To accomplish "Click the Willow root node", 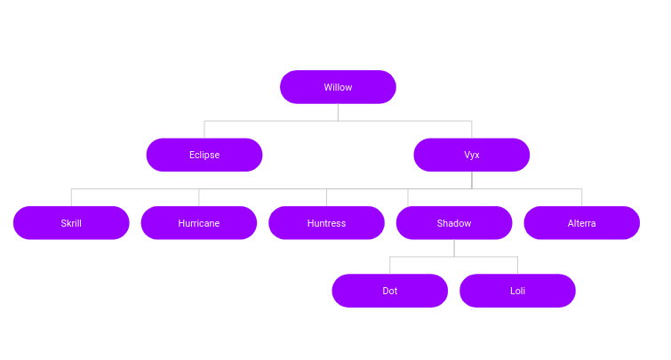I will tap(338, 87).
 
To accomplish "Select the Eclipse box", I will tap(204, 155).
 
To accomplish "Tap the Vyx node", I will tap(472, 155).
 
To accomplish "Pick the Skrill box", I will tap(71, 223).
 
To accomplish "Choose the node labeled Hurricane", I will tap(199, 223).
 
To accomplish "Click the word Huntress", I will tap(326, 223).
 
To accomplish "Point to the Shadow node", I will tap(454, 223).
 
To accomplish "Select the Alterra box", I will tap(582, 223).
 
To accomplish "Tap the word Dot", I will tap(390, 291).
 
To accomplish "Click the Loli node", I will tap(518, 291).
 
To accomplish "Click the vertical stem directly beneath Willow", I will tap(338, 112).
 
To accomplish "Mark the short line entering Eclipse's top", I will tap(204, 130).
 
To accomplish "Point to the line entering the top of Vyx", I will tap(472, 130).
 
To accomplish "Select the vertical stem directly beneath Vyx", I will tap(472, 180).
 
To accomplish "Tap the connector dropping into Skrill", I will tap(71, 197).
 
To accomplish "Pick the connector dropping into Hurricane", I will tap(199, 197).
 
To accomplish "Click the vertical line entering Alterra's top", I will tap(582, 197).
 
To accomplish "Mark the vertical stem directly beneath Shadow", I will tap(454, 248).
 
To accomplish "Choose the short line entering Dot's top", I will tap(390, 266).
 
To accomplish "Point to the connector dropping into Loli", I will tap(518, 266).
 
